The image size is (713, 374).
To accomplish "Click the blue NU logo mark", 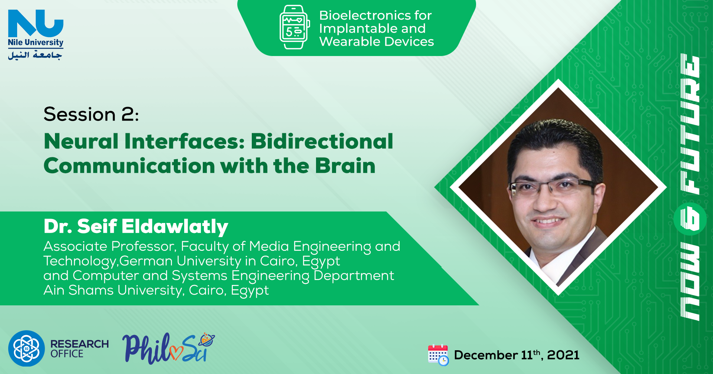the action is pyautogui.click(x=36, y=23).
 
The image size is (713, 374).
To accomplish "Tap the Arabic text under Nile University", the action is pyautogui.click(x=35, y=55).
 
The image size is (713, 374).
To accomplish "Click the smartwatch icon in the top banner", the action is pyautogui.click(x=294, y=27).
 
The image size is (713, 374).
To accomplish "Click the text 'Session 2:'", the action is pyautogui.click(x=91, y=114).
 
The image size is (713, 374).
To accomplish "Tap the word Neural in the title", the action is pyautogui.click(x=81, y=141).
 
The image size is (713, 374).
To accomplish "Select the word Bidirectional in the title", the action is pyautogui.click(x=322, y=141).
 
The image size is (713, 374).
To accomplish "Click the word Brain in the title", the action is pyautogui.click(x=345, y=166).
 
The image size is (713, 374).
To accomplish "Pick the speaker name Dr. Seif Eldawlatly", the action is pyautogui.click(x=136, y=226).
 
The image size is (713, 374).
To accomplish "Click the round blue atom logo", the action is pyautogui.click(x=26, y=348).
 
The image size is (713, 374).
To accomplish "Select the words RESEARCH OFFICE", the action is pyautogui.click(x=79, y=349).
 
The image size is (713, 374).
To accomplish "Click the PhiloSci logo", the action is pyautogui.click(x=169, y=348).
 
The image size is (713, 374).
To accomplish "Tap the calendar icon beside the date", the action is pyautogui.click(x=438, y=355).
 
